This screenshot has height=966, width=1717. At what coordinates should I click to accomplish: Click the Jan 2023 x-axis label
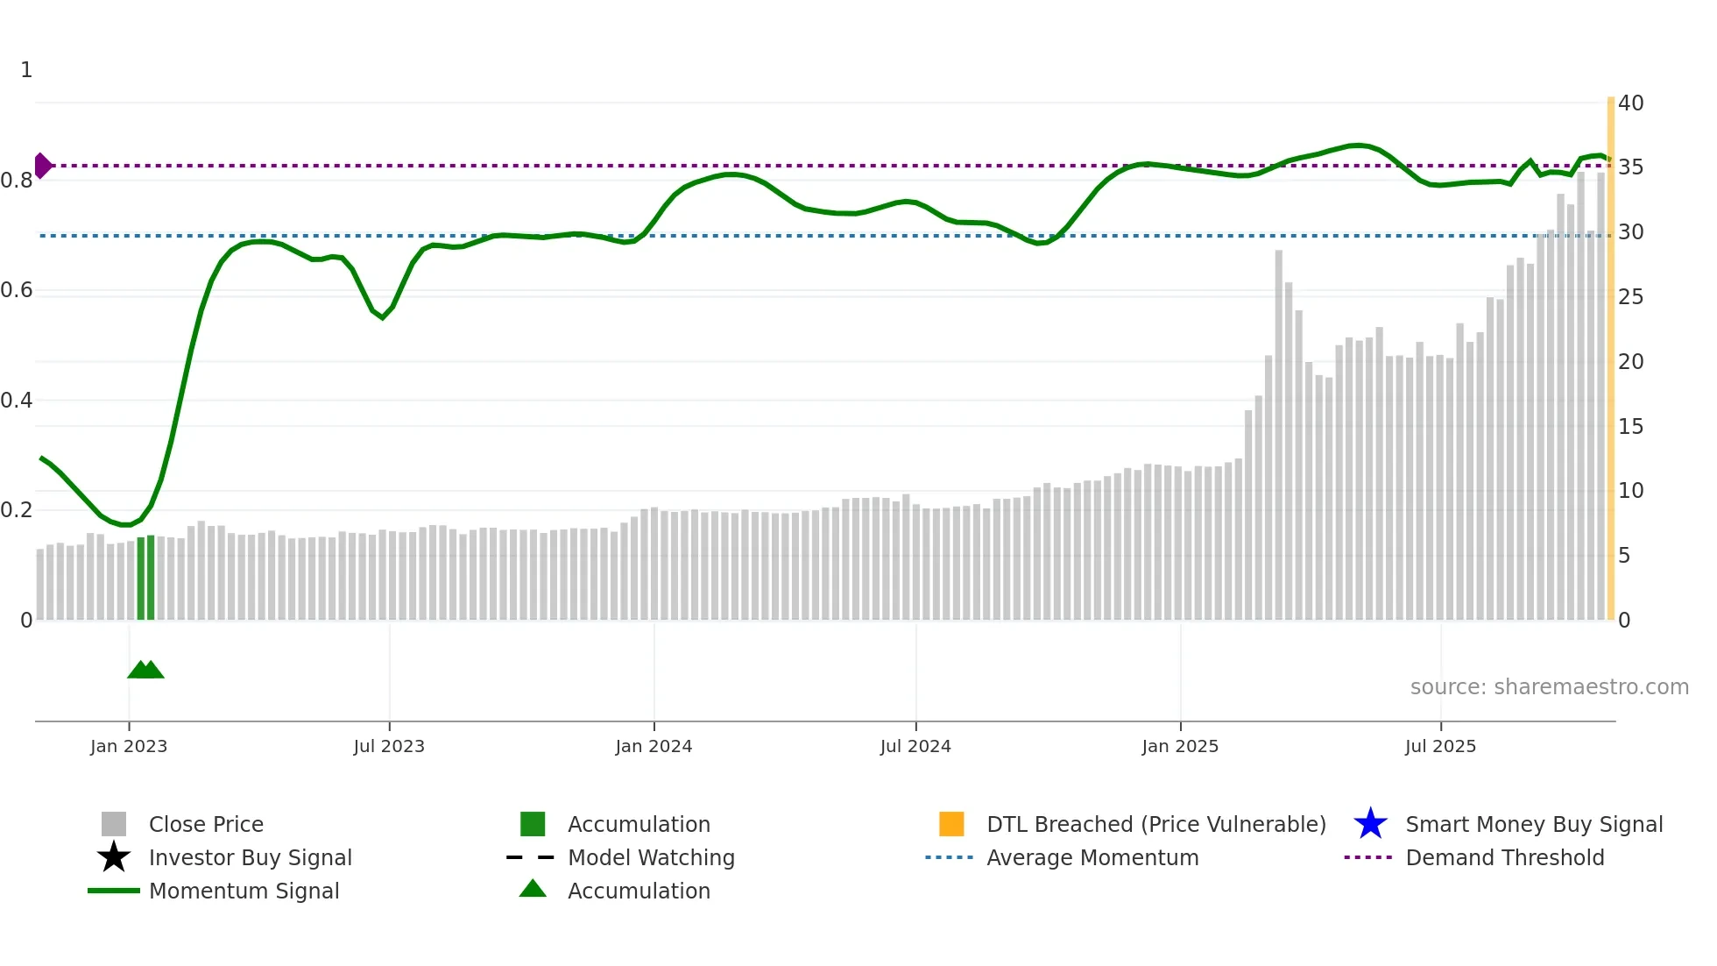pyautogui.click(x=129, y=746)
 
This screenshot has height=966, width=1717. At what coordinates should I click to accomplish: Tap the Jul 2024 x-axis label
pyautogui.click(x=915, y=746)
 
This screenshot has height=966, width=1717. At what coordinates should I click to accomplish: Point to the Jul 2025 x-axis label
pyautogui.click(x=1440, y=746)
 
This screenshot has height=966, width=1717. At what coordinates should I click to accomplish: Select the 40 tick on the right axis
pyautogui.click(x=1630, y=103)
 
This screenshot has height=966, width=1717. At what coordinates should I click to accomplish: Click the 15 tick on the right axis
pyautogui.click(x=1630, y=427)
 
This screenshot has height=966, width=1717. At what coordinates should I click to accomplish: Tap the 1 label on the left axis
pyautogui.click(x=26, y=70)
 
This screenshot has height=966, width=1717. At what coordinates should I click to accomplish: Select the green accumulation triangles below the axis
pyautogui.click(x=145, y=670)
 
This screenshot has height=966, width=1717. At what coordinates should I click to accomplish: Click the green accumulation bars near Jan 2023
pyautogui.click(x=145, y=579)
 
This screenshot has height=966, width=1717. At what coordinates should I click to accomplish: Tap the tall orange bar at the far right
pyautogui.click(x=1610, y=359)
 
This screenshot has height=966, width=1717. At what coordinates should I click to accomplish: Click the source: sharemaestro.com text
pyautogui.click(x=1549, y=687)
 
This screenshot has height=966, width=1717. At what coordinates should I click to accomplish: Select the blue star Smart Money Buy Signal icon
pyautogui.click(x=1370, y=824)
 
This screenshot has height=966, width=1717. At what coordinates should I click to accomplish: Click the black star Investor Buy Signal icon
pyautogui.click(x=114, y=857)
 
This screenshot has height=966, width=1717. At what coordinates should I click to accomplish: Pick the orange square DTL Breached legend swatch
pyautogui.click(x=951, y=824)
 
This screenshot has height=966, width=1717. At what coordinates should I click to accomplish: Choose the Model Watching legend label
pyautogui.click(x=651, y=857)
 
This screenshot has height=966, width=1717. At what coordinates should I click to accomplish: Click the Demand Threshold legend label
pyautogui.click(x=1504, y=857)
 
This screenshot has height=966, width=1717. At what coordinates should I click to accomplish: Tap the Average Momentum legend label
pyautogui.click(x=1092, y=857)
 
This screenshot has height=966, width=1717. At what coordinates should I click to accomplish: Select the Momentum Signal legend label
pyautogui.click(x=244, y=891)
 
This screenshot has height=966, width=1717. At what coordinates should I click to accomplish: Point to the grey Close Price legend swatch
pyautogui.click(x=114, y=824)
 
